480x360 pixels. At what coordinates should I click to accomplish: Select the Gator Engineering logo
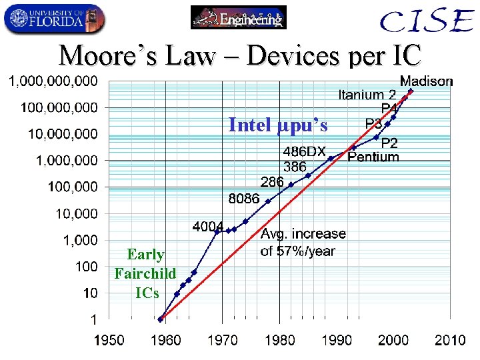click(x=238, y=17)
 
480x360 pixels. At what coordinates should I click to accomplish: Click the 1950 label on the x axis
click(x=108, y=341)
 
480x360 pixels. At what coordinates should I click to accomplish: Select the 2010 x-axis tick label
click(x=450, y=341)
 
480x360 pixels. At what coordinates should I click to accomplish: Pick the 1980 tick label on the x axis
click(x=279, y=341)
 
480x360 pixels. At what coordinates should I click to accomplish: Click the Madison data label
click(x=426, y=81)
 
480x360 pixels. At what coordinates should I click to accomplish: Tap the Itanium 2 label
click(x=367, y=95)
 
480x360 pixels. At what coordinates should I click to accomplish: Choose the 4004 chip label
click(x=207, y=227)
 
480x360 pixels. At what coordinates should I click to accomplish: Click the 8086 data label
click(x=243, y=199)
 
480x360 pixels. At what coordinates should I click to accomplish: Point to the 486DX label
click(x=305, y=153)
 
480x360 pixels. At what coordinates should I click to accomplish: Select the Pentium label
click(x=373, y=157)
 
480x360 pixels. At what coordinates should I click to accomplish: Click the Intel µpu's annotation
click(x=278, y=125)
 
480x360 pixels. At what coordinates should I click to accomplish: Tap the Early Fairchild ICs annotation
click(x=145, y=273)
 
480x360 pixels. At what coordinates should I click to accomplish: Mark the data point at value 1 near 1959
click(x=161, y=319)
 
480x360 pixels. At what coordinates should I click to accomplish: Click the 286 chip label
click(x=272, y=182)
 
